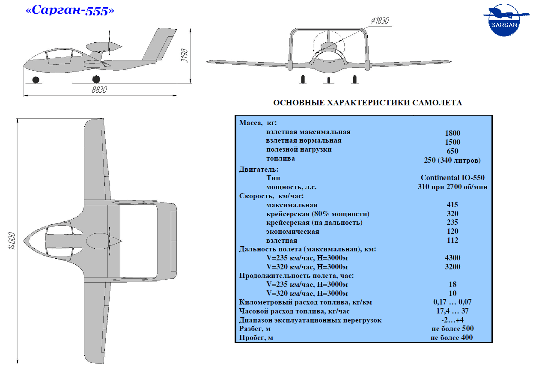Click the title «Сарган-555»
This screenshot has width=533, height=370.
tap(70, 10)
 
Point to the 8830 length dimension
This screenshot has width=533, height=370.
tap(99, 90)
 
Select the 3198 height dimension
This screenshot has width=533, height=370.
tap(185, 56)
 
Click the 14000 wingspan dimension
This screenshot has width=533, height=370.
tap(12, 241)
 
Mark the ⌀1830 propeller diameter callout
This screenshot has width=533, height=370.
tap(380, 21)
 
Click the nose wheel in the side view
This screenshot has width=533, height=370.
tap(36, 80)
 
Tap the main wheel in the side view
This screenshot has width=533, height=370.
tap(96, 79)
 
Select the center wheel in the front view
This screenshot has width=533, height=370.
tap(329, 80)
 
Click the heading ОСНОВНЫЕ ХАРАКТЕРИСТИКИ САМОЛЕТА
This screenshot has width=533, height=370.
tap(368, 102)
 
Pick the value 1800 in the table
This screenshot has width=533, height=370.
tap(453, 133)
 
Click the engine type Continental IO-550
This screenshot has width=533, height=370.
tap(453, 177)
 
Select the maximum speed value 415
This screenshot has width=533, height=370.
tap(453, 204)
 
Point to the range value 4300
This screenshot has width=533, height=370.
tap(453, 257)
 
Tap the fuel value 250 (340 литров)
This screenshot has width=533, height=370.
tap(452, 160)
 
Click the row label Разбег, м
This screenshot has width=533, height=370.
tap(255, 328)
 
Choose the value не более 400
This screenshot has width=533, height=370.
tap(451, 337)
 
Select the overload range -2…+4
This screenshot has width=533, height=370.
tap(453, 319)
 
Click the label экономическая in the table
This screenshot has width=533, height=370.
tap(293, 232)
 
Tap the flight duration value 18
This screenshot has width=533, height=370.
tap(453, 284)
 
